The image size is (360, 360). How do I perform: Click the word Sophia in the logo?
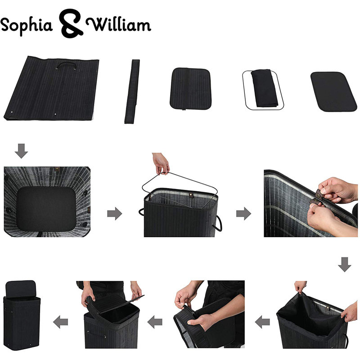(x=27, y=26)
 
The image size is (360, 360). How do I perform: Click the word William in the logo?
(x=118, y=24)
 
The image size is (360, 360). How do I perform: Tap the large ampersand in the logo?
(x=71, y=23)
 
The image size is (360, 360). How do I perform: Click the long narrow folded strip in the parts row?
(x=132, y=91)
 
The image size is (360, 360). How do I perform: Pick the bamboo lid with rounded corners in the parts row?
(x=190, y=89)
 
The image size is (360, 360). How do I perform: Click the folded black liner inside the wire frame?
(x=264, y=88)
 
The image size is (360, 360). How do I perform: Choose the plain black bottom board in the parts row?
(x=333, y=92)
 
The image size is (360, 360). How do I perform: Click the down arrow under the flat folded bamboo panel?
(x=21, y=151)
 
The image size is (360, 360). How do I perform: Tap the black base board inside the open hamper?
(x=46, y=209)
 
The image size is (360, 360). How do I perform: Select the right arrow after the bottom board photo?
(x=115, y=213)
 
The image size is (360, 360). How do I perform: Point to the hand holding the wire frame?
(x=161, y=163)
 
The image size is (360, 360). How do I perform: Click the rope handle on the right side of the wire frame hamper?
(x=218, y=223)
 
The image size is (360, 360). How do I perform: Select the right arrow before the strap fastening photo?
(x=243, y=213)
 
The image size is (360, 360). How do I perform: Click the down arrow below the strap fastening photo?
(x=345, y=265)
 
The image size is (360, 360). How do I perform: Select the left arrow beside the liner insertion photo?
(x=262, y=322)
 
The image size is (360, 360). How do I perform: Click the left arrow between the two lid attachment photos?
(x=155, y=322)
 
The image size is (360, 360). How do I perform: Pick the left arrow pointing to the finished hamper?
(x=61, y=322)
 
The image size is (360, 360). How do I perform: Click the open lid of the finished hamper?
(x=21, y=288)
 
